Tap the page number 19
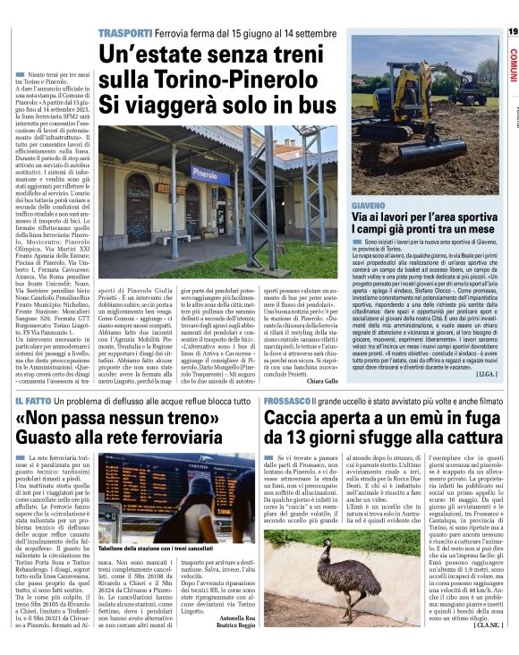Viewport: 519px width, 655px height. [x=512, y=32]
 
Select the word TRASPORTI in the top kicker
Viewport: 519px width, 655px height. [x=124, y=33]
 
